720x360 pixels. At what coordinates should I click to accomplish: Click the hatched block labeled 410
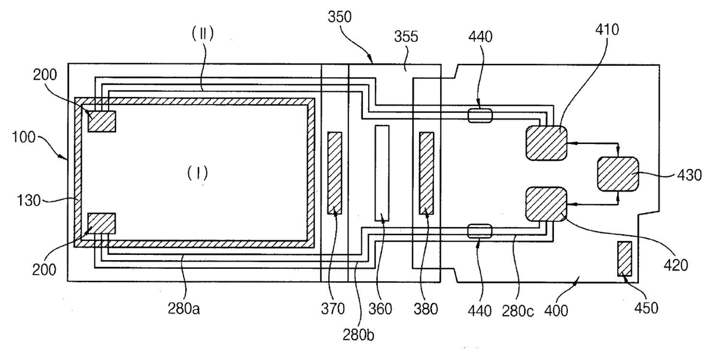546,143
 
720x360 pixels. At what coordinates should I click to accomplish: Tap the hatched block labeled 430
618,174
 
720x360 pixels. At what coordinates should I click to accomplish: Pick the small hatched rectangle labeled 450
625,259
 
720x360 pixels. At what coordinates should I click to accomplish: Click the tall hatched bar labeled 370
334,173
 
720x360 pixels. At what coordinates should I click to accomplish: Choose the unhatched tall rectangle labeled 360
382,173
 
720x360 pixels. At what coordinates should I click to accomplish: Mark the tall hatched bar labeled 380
427,173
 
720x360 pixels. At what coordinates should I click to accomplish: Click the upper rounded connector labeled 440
480,116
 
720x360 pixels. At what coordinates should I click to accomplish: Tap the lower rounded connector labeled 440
480,231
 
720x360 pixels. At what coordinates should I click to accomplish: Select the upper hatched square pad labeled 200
102,121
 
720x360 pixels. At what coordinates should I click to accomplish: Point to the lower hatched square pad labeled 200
102,223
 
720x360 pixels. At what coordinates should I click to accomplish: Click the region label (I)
197,173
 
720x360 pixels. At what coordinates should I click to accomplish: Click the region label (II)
203,34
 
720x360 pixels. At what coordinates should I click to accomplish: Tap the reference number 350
340,17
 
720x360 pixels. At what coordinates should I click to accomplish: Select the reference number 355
406,37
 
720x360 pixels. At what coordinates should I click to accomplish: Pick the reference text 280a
184,309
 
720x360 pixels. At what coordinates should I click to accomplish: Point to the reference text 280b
358,335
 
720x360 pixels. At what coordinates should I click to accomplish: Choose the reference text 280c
517,311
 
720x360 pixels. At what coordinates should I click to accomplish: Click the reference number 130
28,200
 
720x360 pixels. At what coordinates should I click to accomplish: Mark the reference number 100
23,137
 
